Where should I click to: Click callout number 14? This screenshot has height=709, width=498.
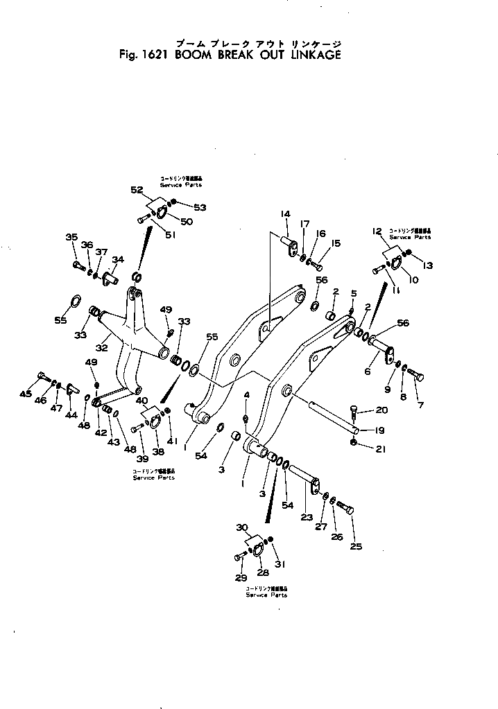pos(285,214)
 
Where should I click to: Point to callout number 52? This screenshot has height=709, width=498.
pos(136,189)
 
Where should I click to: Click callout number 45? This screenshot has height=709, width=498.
pos(26,394)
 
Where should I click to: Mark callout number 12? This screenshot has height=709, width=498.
pos(377,231)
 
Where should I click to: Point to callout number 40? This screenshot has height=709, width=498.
pos(141,400)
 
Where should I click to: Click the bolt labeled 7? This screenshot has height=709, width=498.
pos(417,375)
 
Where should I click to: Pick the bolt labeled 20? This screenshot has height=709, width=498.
pos(354,412)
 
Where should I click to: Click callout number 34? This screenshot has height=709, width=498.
pos(118,259)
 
